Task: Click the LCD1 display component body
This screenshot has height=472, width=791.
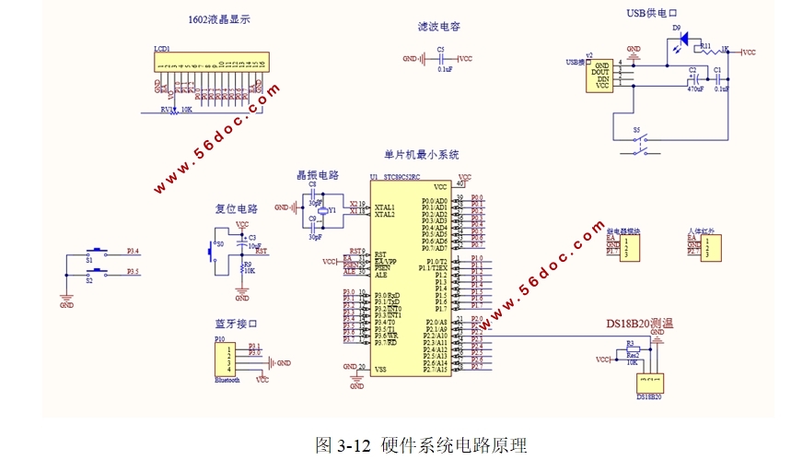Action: (212, 64)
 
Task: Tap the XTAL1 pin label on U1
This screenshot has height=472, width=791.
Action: (385, 207)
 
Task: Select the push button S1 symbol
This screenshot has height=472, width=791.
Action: (95, 252)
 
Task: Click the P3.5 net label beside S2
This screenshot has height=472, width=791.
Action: (133, 272)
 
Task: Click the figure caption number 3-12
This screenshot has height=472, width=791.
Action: (354, 446)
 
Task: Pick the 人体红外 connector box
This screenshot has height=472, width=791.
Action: (709, 247)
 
